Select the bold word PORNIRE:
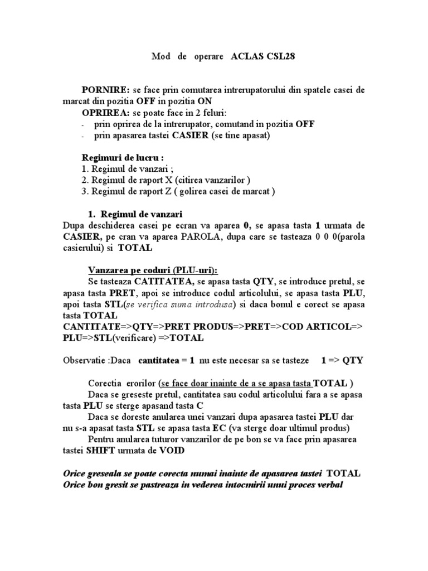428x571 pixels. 106,90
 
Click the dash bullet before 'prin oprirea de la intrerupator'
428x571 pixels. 83,125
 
